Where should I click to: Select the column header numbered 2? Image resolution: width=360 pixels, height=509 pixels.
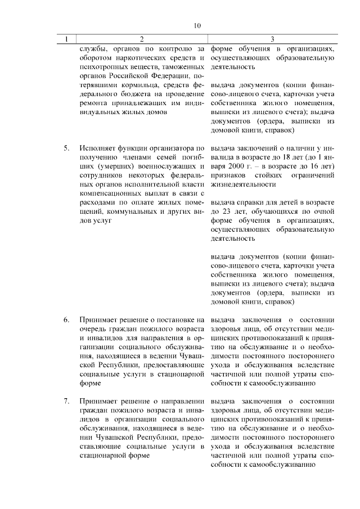point(141,39)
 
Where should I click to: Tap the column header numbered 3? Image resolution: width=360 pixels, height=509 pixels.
point(272,39)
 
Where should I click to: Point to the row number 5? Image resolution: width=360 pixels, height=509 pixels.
point(66,148)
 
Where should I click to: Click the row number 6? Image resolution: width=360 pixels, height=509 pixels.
point(66,320)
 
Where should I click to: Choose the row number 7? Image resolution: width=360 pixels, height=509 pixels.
point(66,401)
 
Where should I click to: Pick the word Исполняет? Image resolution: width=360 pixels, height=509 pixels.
point(99,148)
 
